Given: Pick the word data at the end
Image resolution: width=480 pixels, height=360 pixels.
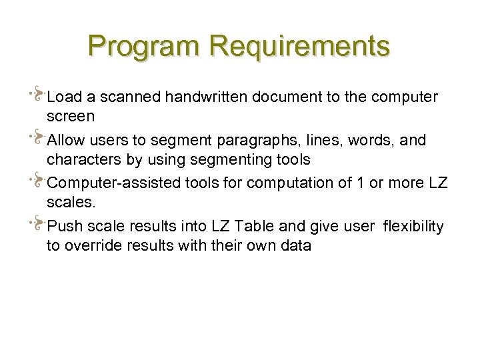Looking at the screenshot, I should pos(296,245).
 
